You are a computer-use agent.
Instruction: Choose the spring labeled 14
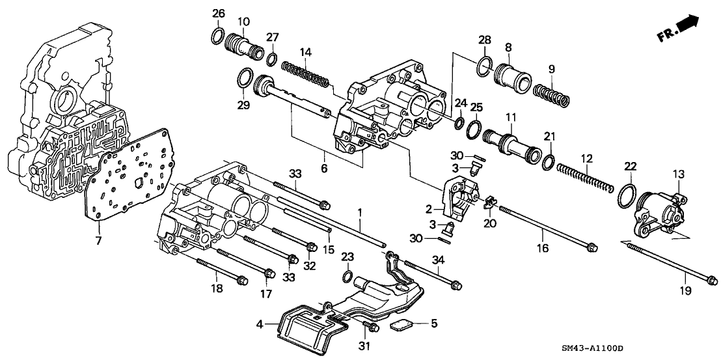point(305,73)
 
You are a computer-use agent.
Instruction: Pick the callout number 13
point(678,174)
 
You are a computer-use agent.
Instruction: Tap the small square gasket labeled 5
point(400,325)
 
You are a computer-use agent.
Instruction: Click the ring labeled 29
point(243,78)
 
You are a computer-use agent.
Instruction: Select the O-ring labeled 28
point(482,66)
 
